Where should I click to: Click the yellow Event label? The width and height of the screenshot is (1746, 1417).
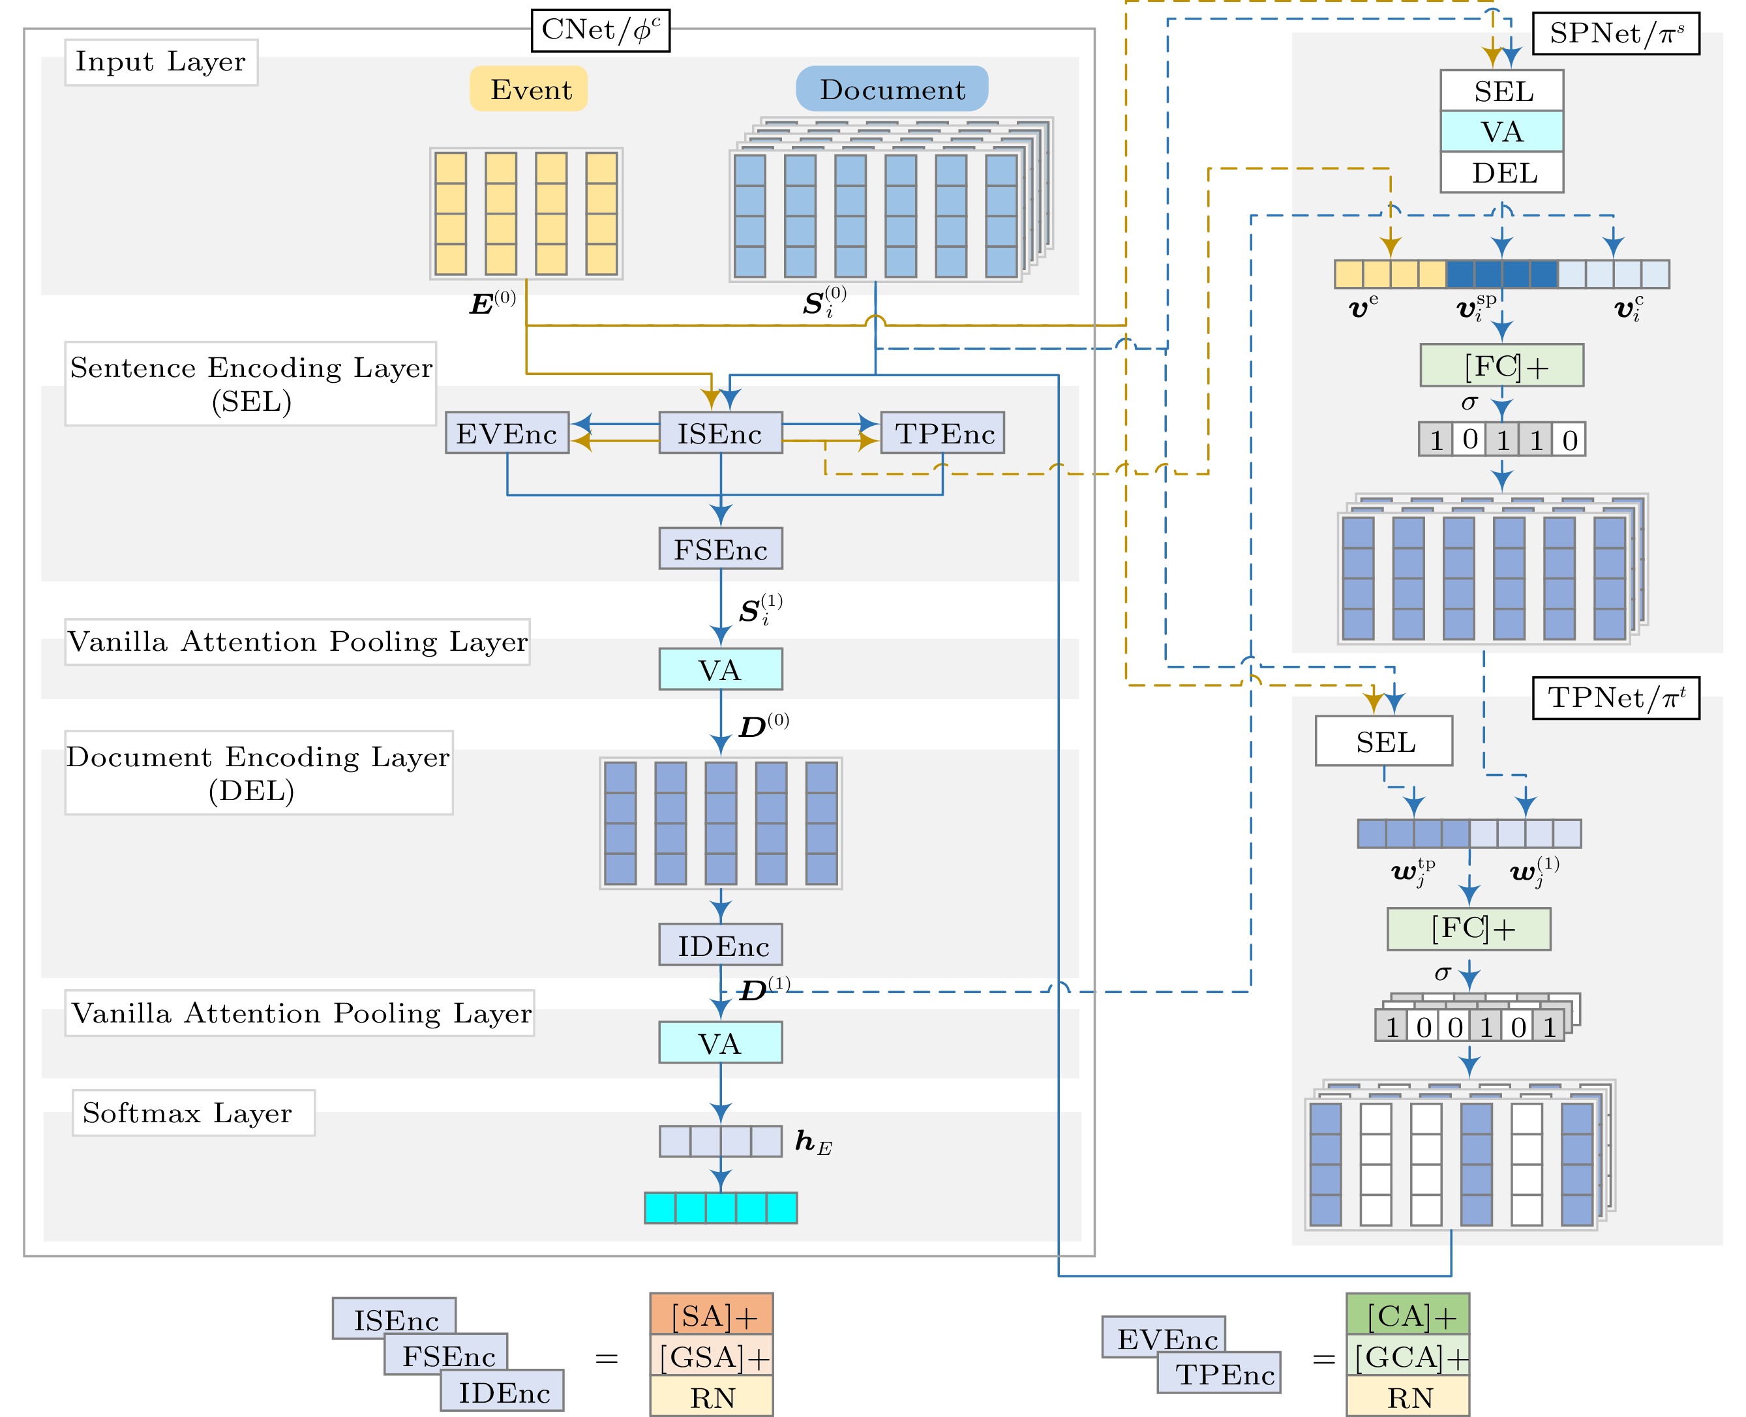pos(528,89)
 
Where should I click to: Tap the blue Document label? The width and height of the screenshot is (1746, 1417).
pos(892,89)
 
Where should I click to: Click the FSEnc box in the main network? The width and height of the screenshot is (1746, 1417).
pos(721,548)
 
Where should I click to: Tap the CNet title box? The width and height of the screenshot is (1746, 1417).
pos(601,30)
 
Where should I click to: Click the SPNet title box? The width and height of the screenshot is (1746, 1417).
pos(1616,33)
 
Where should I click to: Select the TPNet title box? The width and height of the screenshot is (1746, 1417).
pos(1616,698)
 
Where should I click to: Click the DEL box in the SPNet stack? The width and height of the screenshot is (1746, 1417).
pos(1502,172)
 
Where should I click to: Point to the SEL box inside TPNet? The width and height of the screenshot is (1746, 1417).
pos(1385,741)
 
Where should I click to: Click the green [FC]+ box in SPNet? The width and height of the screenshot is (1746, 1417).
pos(1502,365)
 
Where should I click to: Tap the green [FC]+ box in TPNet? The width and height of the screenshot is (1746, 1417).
pos(1469,929)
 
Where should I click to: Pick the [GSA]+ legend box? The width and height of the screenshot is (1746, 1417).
pos(712,1356)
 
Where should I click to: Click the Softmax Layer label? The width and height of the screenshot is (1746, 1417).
pos(194,1112)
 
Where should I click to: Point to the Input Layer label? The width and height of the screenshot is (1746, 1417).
pos(162,62)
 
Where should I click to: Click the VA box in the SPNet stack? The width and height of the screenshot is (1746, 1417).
pos(1502,132)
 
